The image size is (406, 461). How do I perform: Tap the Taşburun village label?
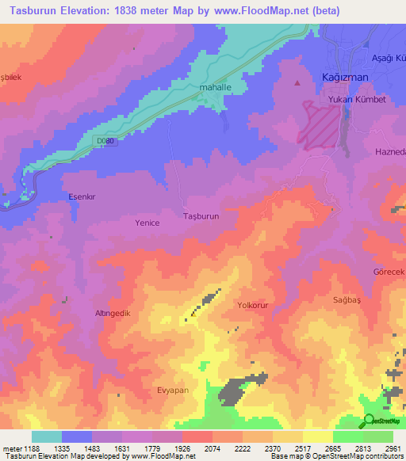[x=201, y=215]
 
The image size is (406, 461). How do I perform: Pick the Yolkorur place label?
[x=255, y=304]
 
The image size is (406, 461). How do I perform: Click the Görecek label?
[x=389, y=272]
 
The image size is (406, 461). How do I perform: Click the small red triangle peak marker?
[x=298, y=82]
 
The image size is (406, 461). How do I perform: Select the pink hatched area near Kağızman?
[x=320, y=124]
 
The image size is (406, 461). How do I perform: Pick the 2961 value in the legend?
[x=393, y=449]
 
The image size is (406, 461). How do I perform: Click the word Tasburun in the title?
[x=29, y=11]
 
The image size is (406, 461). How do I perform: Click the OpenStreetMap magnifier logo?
[x=370, y=421]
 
